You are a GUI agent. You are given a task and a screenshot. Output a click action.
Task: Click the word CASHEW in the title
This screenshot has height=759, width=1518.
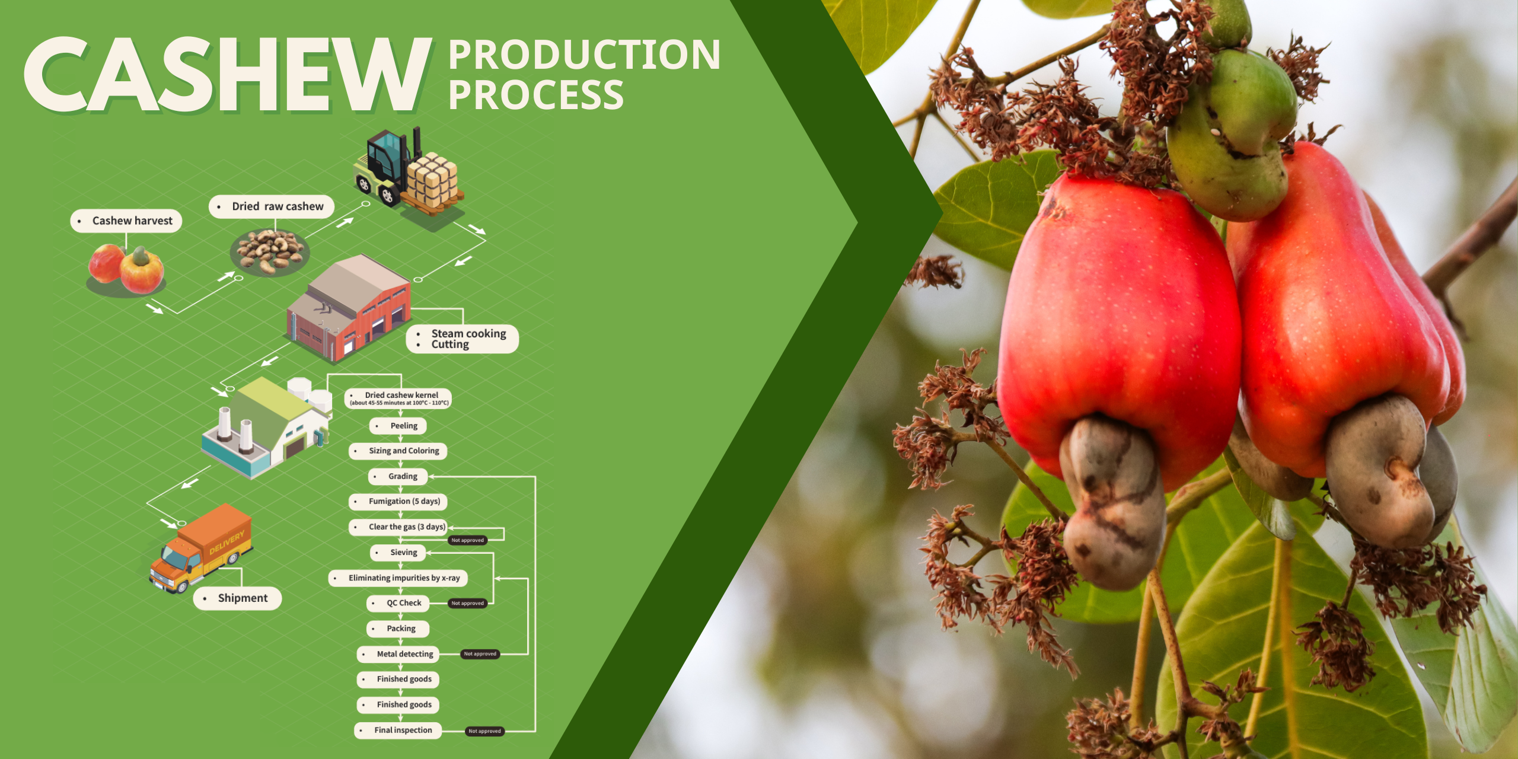point(228,75)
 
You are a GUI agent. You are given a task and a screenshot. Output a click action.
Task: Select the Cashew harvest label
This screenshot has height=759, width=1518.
point(126,221)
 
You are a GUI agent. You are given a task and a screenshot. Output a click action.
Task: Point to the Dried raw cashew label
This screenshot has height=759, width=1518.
point(272,206)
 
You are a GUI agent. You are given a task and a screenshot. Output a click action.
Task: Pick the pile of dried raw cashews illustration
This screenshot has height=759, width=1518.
point(270,253)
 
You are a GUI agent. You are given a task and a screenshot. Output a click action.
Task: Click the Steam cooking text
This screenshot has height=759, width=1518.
point(468,333)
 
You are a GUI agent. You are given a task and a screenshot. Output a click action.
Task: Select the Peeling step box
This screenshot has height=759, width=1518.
point(398,426)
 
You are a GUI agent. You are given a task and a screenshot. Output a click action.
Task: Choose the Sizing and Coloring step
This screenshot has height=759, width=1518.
point(398,451)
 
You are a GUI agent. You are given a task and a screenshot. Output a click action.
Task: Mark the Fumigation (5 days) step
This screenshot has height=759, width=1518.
point(398,502)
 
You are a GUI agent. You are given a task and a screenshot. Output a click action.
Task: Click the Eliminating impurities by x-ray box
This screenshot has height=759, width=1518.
point(398,578)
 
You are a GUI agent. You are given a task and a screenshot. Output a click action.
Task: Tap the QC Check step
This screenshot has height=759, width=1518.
point(398,603)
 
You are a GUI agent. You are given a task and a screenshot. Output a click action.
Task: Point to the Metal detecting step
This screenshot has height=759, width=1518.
point(398,654)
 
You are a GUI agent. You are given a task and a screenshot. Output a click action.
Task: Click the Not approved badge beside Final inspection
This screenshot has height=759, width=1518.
point(484,731)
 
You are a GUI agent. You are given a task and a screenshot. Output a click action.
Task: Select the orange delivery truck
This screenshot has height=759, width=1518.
point(200,548)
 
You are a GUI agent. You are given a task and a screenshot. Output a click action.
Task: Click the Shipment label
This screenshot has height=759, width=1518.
point(237,598)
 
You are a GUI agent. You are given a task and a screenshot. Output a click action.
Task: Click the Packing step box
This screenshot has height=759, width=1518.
point(398,629)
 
